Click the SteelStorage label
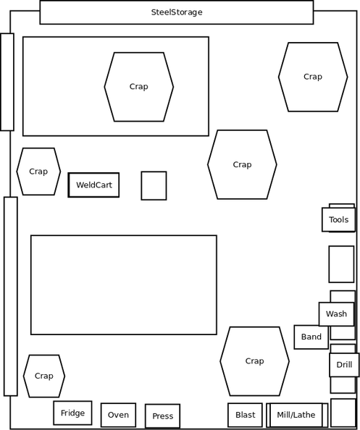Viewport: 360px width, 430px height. [x=177, y=12]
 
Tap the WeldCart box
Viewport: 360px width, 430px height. [x=93, y=185]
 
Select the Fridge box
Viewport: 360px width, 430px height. [x=72, y=413]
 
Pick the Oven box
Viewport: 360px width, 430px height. [x=118, y=415]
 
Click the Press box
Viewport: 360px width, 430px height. [x=163, y=416]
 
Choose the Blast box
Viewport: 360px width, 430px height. [x=245, y=415]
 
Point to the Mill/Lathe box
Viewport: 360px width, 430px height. [x=296, y=415]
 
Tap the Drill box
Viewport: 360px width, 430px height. [x=344, y=365]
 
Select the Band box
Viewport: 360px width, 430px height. [x=311, y=337]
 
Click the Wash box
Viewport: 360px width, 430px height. [x=336, y=314]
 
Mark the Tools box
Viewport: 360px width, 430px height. [x=338, y=219]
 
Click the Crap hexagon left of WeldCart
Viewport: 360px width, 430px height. [x=38, y=172]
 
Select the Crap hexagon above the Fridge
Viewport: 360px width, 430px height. [x=44, y=376]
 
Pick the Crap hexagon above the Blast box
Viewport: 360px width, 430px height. [x=254, y=361]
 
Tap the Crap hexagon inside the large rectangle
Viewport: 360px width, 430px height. [x=139, y=87]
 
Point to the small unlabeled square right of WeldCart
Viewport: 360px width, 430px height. [x=154, y=185]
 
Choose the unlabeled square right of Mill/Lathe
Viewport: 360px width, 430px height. [x=343, y=413]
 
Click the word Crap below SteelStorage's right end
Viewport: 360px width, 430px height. [x=313, y=77]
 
